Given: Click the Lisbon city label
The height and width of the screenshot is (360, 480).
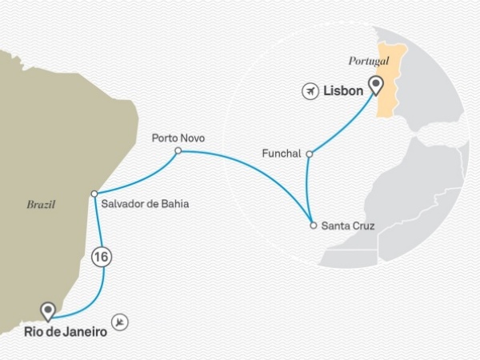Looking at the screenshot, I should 344,92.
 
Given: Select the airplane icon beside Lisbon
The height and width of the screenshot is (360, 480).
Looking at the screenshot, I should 310,92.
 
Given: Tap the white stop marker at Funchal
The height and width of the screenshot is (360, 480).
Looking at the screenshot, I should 310,152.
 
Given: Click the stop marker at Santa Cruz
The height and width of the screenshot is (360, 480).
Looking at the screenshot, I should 313,226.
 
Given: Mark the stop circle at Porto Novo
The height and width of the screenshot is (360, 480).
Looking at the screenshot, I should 178,150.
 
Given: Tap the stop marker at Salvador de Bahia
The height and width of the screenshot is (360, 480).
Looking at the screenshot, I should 94,194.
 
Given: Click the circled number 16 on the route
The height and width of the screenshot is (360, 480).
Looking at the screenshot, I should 101,258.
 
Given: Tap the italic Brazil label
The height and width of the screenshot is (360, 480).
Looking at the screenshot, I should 39,205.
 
